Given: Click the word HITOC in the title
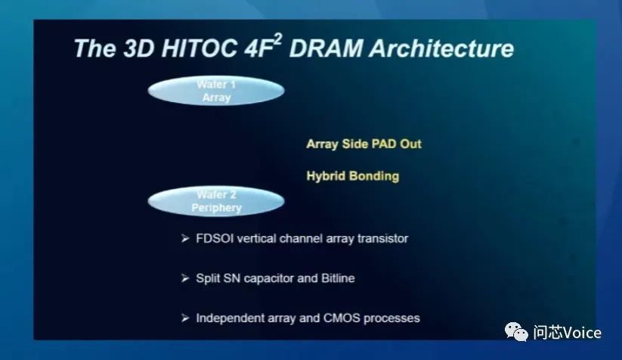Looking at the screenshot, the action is [200, 48].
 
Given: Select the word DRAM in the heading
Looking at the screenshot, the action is [326, 48].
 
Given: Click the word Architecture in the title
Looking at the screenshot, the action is [441, 48].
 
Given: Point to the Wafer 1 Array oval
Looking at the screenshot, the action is [216, 91].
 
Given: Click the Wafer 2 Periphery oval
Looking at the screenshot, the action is [216, 201].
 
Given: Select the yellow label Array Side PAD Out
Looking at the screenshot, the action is [364, 144].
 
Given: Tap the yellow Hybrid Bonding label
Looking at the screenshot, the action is [353, 175].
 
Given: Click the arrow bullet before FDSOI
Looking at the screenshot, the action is [185, 238].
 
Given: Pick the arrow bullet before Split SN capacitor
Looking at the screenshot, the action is [185, 278].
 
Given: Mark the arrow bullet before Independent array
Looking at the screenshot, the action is [185, 318].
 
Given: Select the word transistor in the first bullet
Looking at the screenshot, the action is [383, 238].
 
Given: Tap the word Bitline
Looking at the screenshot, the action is [338, 278].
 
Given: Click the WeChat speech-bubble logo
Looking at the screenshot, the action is [516, 332].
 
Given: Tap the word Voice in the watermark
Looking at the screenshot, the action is [582, 333].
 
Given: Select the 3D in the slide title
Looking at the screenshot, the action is [138, 48].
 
